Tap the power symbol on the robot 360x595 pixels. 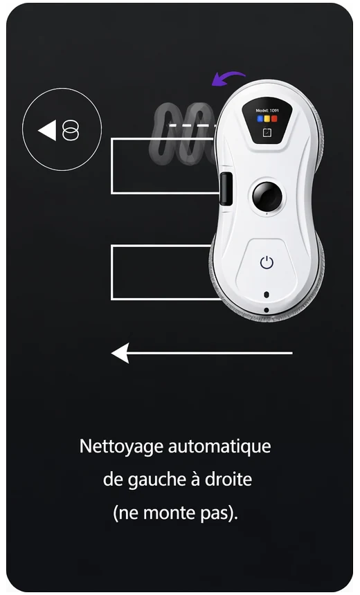(x=267, y=263)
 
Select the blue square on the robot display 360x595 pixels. (x=260, y=118)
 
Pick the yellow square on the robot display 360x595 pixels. (x=267, y=118)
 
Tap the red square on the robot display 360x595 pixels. (x=274, y=118)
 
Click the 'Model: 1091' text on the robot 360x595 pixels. (x=267, y=110)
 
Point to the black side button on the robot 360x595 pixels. (x=225, y=189)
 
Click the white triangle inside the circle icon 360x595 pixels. (x=47, y=130)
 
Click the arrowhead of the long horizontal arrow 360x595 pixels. (x=120, y=353)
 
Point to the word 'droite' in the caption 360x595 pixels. (x=229, y=479)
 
